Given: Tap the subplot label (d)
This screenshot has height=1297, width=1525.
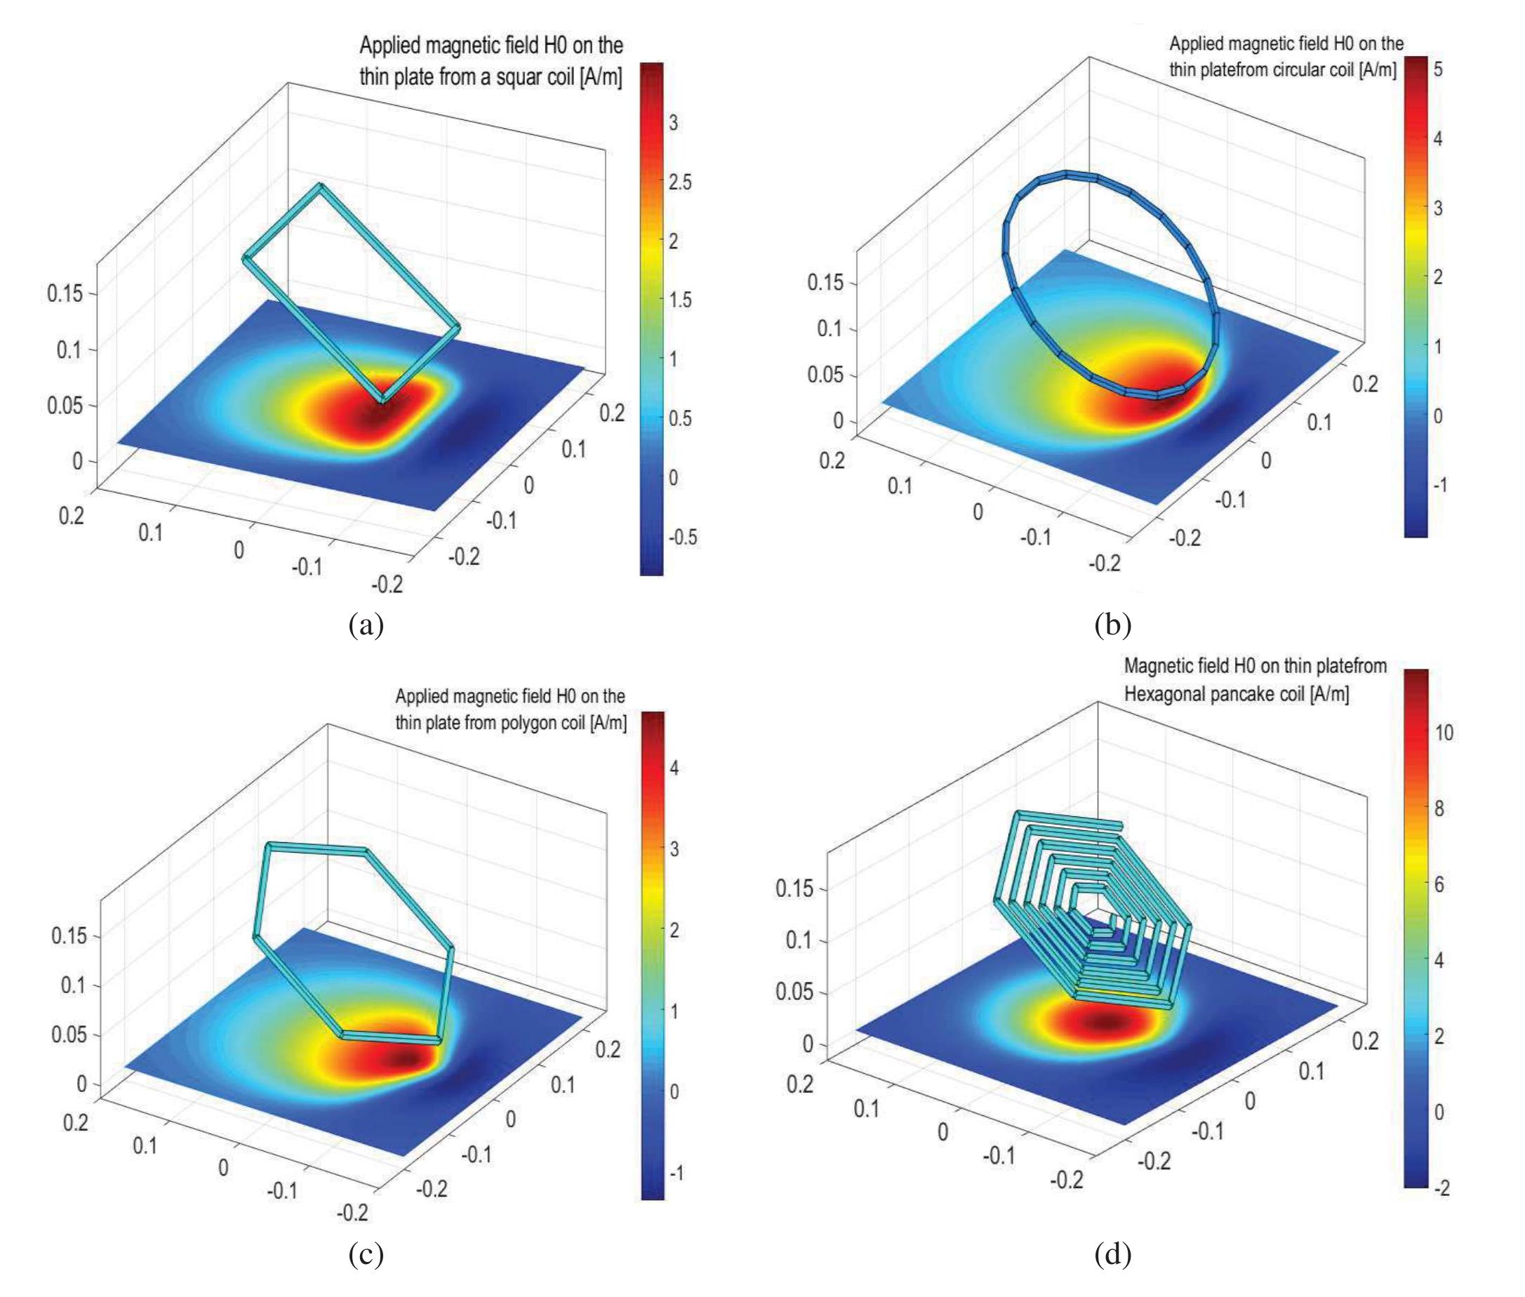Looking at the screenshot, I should (x=1112, y=1253).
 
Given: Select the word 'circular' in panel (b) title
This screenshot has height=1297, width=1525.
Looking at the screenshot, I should (x=1292, y=70).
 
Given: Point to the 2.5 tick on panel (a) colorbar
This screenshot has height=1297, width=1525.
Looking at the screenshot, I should (x=680, y=182).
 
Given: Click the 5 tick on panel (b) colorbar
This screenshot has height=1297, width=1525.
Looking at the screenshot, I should (x=1437, y=69).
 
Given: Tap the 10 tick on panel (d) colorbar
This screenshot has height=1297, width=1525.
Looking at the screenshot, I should (x=1444, y=732).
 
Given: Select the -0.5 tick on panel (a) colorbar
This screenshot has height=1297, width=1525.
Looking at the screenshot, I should (x=682, y=537).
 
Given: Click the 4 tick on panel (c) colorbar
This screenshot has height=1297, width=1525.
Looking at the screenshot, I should (x=674, y=768).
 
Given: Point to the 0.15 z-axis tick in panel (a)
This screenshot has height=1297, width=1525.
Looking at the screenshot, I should (x=65, y=293).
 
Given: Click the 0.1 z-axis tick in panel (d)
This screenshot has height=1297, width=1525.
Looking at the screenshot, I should (x=799, y=940).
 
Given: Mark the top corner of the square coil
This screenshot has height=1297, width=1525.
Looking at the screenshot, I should (x=319, y=185).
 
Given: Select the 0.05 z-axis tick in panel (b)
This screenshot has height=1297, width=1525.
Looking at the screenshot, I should (x=825, y=374).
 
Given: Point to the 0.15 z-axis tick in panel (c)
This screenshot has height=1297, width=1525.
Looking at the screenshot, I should (x=68, y=936).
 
